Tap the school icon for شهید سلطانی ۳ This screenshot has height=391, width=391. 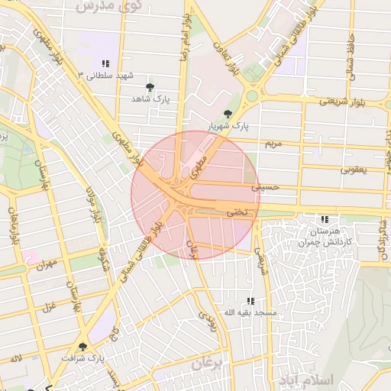pos(105,63)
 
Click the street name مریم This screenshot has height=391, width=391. pos(273,144)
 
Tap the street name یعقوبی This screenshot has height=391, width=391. pos(354,170)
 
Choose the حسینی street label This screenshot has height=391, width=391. pos(270,186)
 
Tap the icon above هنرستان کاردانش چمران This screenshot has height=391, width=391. pos(326,219)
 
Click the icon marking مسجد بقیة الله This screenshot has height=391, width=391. pos(250,302)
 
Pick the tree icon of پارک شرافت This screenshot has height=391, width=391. pos(82,347)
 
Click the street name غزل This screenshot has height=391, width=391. pos(51,309)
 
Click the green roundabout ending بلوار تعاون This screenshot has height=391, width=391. pos(251,97)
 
